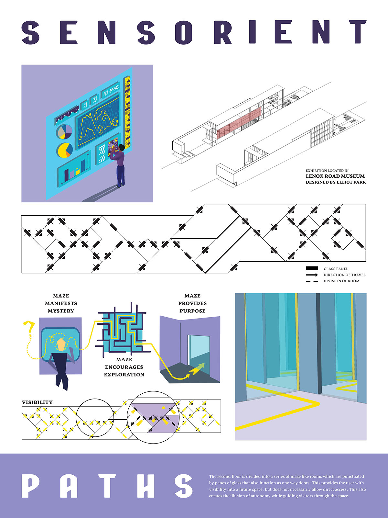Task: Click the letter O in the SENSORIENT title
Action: pyautogui.click(x=184, y=32)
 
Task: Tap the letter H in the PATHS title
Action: pyautogui.click(x=145, y=486)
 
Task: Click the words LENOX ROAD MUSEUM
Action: pyautogui.click(x=335, y=176)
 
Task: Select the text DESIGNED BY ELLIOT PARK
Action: pyautogui.click(x=336, y=182)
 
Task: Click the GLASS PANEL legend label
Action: pyautogui.click(x=336, y=269)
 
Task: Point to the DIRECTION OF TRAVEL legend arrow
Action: pyautogui.click(x=312, y=275)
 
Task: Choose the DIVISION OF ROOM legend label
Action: pyautogui.click(x=341, y=281)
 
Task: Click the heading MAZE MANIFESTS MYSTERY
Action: pyautogui.click(x=61, y=303)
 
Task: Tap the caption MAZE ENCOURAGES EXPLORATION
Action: pyautogui.click(x=124, y=367)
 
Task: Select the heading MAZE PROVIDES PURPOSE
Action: pyautogui.click(x=192, y=303)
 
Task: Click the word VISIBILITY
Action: pyautogui.click(x=37, y=402)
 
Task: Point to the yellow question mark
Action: pyautogui.click(x=30, y=327)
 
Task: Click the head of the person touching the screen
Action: pyautogui.click(x=121, y=148)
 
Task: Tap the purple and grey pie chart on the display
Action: pyautogui.click(x=65, y=132)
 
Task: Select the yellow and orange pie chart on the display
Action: pyautogui.click(x=65, y=150)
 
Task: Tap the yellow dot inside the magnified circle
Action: pyautogui.click(x=163, y=408)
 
